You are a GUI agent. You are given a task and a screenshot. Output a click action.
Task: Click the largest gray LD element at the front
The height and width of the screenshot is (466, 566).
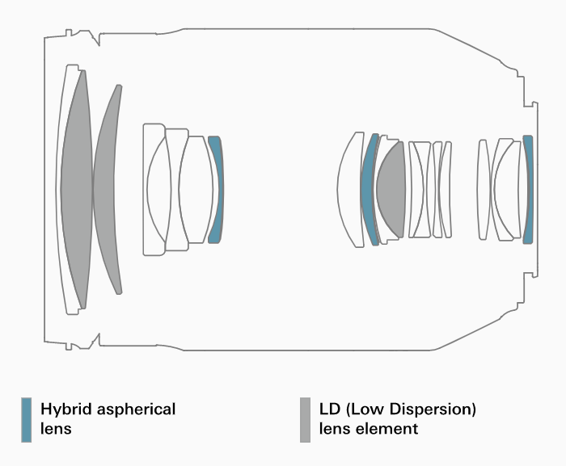coord(75,190)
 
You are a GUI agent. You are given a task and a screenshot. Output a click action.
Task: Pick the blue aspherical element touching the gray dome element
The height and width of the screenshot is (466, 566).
coord(369,190)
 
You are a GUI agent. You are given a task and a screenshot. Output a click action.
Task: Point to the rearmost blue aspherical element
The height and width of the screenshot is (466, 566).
coord(528,190)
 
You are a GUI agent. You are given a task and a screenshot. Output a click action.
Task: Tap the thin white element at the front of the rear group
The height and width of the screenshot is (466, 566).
coord(483,190)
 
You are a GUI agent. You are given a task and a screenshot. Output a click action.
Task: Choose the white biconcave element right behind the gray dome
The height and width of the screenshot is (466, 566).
coord(420,190)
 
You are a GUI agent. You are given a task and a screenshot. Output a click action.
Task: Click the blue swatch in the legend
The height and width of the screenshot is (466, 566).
coord(27,419)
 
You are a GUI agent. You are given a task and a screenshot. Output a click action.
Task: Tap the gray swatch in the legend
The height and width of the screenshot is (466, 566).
coord(305,419)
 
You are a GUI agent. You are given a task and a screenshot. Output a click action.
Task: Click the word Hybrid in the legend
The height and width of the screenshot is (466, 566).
coord(65,409)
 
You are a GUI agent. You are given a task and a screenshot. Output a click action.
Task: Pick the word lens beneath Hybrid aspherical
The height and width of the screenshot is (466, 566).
coord(56,430)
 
